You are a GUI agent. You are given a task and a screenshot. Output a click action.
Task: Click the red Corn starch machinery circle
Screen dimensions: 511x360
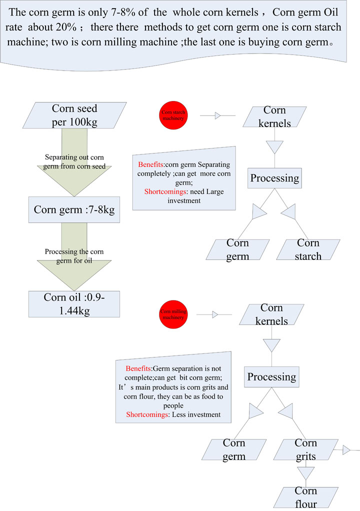click(173, 115)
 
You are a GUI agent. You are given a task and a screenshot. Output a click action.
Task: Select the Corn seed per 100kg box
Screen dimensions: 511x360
click(74, 115)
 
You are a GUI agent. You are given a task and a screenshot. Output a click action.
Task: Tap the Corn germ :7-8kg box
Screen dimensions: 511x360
click(74, 209)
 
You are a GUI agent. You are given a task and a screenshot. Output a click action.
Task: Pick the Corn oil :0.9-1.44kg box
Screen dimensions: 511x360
click(74, 303)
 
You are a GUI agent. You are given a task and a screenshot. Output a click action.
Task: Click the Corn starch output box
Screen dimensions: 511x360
click(308, 249)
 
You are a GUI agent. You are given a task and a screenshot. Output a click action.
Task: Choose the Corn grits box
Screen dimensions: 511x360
click(305, 449)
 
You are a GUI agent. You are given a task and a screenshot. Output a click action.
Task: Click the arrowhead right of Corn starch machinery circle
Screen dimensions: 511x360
click(218, 115)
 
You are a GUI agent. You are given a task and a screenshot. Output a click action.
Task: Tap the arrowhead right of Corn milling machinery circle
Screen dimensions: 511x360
click(215, 314)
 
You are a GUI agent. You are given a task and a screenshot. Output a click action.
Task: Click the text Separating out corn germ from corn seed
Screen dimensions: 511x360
click(74, 161)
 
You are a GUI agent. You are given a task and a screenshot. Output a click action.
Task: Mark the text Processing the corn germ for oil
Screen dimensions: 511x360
click(74, 255)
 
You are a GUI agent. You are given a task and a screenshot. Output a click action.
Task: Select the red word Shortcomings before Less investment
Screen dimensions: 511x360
click(146, 414)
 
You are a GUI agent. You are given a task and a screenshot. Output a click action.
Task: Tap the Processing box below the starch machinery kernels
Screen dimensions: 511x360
click(274, 178)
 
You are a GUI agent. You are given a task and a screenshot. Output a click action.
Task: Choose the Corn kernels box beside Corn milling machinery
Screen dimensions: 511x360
click(271, 314)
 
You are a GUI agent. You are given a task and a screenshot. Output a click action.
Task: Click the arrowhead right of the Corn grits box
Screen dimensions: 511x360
click(346, 450)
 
